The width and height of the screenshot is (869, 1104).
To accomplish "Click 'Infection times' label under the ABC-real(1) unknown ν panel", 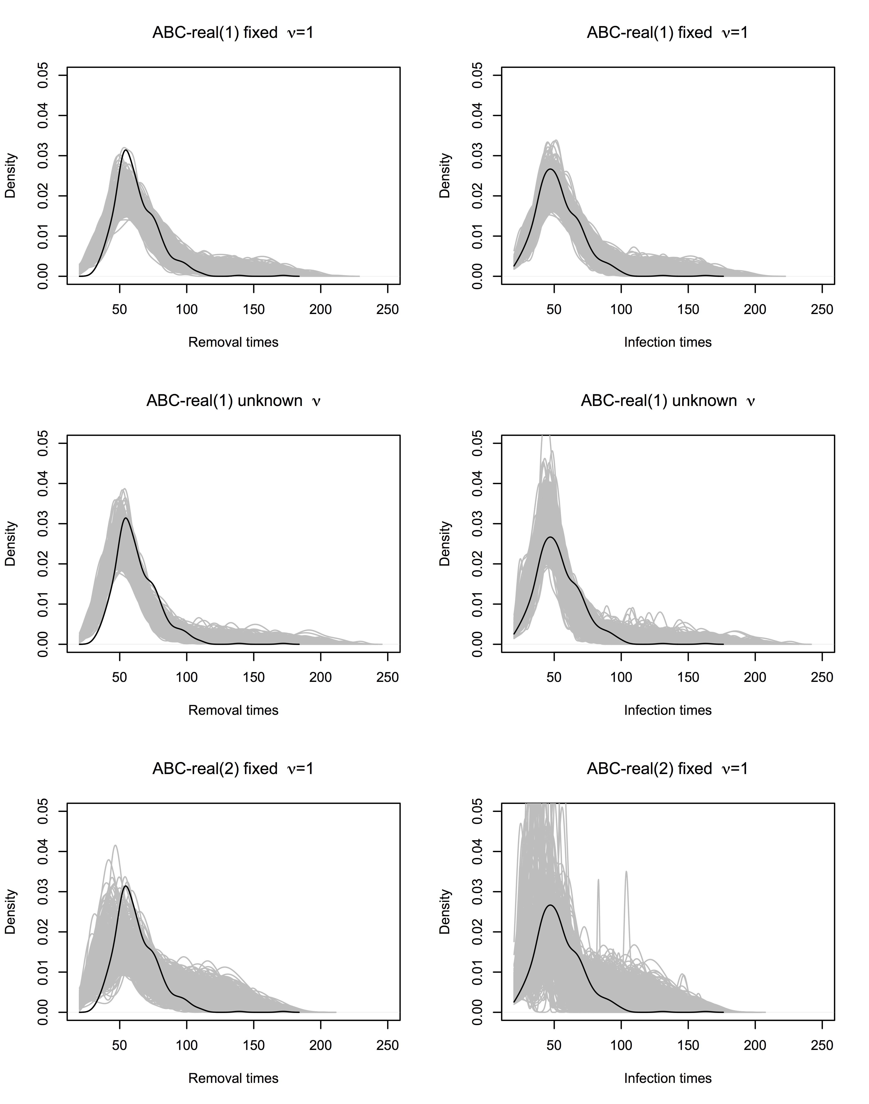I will pos(667,710).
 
